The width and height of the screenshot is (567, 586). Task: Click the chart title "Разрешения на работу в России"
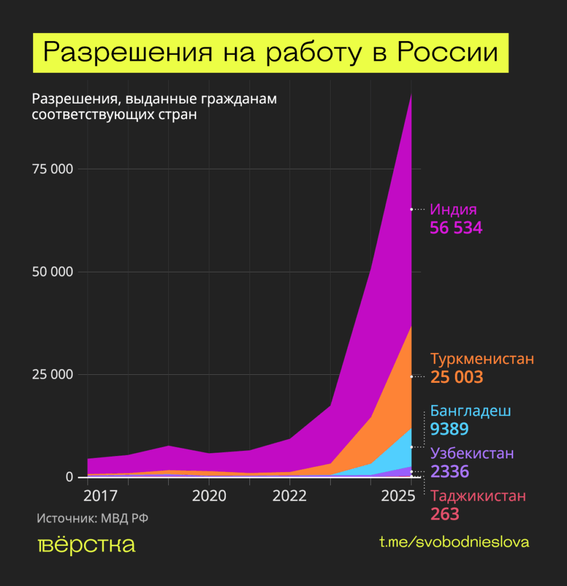point(270,53)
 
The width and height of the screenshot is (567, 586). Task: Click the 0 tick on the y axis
point(69,477)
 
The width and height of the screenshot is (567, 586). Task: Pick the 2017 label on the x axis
point(88,494)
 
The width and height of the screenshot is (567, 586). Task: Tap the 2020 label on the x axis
point(209,494)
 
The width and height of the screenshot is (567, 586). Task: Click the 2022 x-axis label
point(290,494)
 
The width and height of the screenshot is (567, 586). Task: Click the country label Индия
point(453,209)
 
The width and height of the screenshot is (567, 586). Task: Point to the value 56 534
point(456,228)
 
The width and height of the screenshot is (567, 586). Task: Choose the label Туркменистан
point(482,359)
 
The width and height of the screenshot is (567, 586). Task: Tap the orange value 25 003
point(457,377)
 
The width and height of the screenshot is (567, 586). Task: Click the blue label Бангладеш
point(470,411)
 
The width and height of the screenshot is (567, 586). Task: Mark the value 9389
point(449,429)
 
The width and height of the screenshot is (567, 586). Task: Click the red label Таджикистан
point(478,496)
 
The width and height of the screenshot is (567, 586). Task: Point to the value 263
point(445,514)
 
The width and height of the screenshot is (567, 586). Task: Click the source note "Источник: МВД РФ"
point(88,518)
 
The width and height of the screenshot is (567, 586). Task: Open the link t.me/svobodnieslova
point(454,541)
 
